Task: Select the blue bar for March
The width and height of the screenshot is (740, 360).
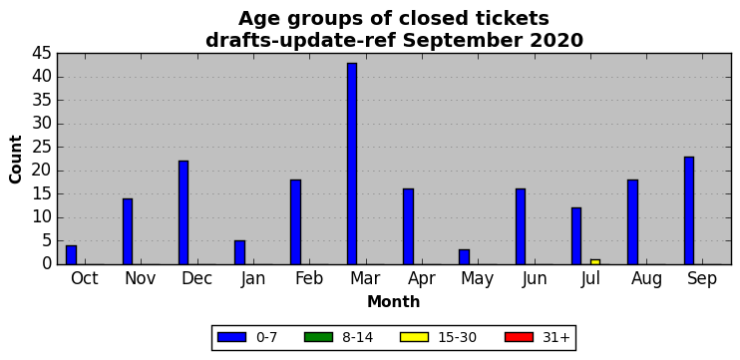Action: pyautogui.click(x=352, y=164)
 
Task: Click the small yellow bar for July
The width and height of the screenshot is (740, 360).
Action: pyautogui.click(x=595, y=262)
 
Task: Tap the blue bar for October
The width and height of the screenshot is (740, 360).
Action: pyautogui.click(x=71, y=254)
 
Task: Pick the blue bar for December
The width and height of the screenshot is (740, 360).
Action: pyautogui.click(x=184, y=212)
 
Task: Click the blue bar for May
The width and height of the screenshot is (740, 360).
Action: pyautogui.click(x=465, y=257)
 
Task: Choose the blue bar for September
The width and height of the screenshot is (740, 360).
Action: pyautogui.click(x=689, y=210)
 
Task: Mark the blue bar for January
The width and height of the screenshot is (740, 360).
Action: pyautogui.click(x=239, y=252)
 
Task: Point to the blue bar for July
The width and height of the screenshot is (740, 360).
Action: pyautogui.click(x=576, y=236)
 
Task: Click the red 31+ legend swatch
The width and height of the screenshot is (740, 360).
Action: pyautogui.click(x=519, y=337)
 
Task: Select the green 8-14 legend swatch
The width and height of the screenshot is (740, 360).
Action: pyautogui.click(x=318, y=337)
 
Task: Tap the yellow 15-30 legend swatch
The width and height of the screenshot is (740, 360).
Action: pyautogui.click(x=414, y=337)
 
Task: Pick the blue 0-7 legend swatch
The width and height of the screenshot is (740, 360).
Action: pyautogui.click(x=231, y=337)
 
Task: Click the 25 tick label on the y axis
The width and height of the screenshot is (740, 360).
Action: pyautogui.click(x=42, y=148)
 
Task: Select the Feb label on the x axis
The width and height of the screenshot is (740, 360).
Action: pyautogui.click(x=309, y=279)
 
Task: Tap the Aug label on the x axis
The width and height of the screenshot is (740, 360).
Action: pyautogui.click(x=646, y=279)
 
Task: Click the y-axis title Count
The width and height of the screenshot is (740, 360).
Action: pyautogui.click(x=16, y=160)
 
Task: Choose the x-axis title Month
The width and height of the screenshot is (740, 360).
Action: pyautogui.click(x=394, y=301)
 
